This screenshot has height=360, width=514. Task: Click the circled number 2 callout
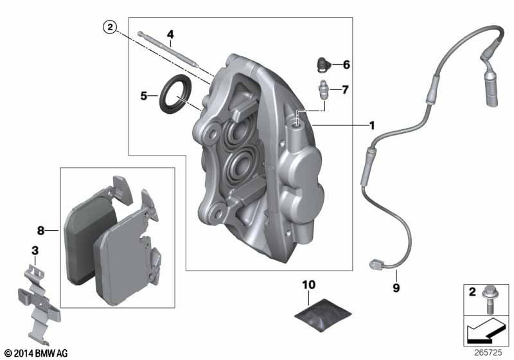coord(110,27)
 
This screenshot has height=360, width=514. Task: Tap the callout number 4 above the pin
coord(170,35)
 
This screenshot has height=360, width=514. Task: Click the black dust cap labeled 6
coord(323,65)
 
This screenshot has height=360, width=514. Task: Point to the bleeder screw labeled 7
coord(323,90)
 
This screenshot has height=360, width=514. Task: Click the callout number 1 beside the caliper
coord(372,125)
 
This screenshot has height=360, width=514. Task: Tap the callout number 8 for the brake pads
coord(40,231)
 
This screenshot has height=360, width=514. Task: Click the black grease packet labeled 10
coord(323,315)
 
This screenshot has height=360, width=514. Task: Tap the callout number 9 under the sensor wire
coord(396,288)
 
